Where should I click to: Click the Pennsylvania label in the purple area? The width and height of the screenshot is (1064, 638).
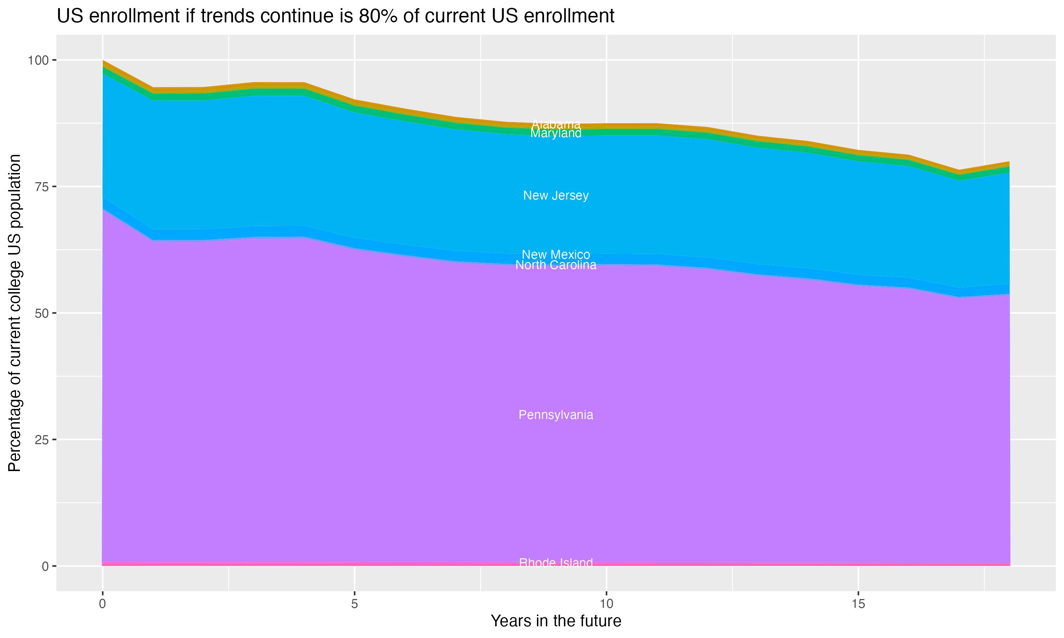tap(556, 415)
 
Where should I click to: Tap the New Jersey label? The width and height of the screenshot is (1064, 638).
tap(556, 196)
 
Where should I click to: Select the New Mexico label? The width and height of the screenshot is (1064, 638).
tap(556, 254)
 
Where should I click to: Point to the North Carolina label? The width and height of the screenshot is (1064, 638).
tap(556, 265)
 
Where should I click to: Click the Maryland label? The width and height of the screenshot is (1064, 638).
tap(556, 134)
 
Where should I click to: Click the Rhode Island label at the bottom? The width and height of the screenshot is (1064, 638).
tap(556, 563)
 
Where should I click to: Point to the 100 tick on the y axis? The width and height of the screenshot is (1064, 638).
tap(38, 60)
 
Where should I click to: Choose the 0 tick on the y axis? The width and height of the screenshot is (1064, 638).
tap(45, 566)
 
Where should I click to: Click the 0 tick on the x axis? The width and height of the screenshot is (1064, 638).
tap(102, 604)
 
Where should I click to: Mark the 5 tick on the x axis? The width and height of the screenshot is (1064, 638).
tap(354, 604)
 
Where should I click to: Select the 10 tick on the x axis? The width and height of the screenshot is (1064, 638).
tap(606, 604)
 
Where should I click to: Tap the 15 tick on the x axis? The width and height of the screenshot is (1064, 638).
tap(858, 604)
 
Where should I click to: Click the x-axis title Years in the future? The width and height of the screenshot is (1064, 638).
tap(556, 621)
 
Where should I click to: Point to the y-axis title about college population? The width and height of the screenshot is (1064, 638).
tap(15, 313)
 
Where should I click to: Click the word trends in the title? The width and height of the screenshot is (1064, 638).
tap(228, 16)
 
